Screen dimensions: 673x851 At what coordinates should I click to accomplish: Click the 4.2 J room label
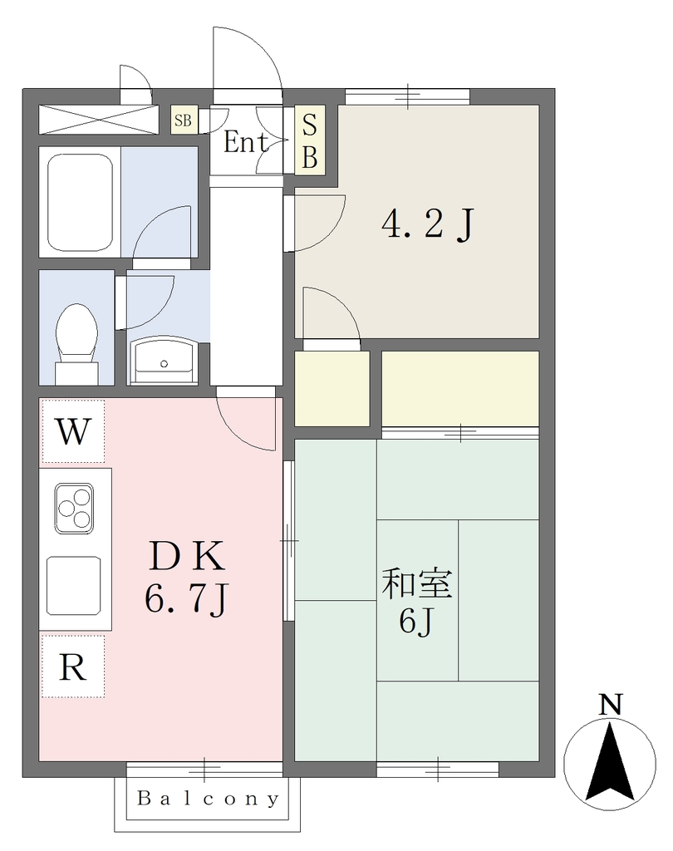(x=428, y=224)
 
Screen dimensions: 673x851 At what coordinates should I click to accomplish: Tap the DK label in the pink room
(x=187, y=556)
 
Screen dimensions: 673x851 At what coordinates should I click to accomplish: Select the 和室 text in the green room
(x=417, y=583)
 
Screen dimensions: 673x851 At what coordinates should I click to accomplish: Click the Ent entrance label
(x=245, y=142)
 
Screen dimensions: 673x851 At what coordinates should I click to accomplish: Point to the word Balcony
(x=209, y=799)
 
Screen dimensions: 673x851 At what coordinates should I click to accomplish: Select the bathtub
(x=80, y=202)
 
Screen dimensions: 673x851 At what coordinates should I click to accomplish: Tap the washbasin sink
(x=164, y=360)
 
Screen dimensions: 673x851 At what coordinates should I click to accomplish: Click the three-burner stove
(x=74, y=507)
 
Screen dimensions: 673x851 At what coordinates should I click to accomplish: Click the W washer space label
(x=73, y=431)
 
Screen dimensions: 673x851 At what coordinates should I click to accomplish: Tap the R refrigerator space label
(x=73, y=667)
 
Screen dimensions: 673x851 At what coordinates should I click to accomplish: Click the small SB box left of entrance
(x=184, y=120)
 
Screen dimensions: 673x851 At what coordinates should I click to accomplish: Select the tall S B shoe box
(x=309, y=140)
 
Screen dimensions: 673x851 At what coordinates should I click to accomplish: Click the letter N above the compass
(x=610, y=705)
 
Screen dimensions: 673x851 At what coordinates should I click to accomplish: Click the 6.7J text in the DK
(x=187, y=598)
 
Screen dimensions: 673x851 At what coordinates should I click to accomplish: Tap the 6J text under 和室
(x=417, y=621)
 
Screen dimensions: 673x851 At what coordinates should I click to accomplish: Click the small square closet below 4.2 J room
(x=332, y=389)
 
